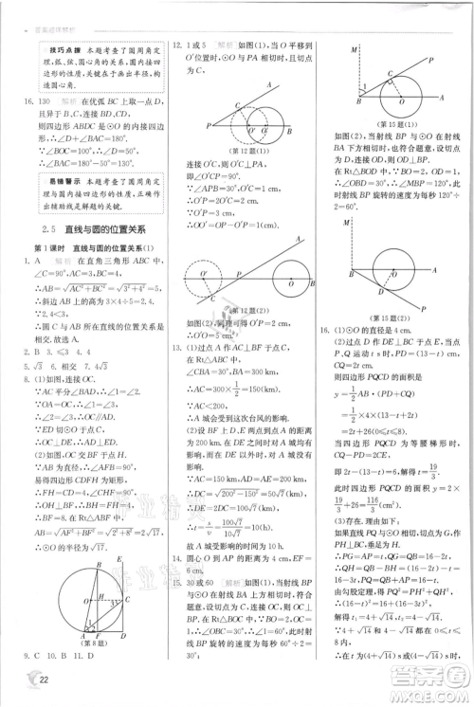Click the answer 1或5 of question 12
pos(195,44)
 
